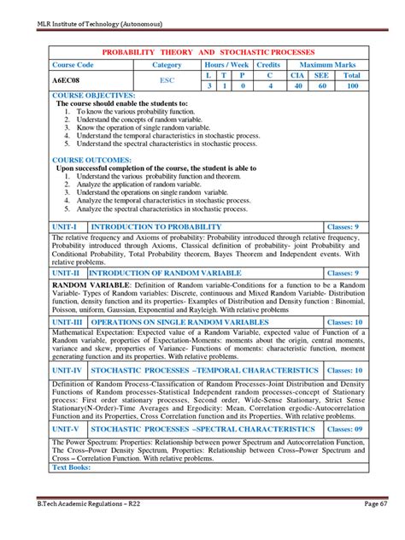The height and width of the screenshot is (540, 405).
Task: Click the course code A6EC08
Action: pos(71,79)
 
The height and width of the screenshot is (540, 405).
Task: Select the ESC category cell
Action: pos(167,79)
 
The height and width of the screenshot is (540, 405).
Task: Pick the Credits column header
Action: pos(268,65)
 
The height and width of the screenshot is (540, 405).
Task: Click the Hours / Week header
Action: pos(226,65)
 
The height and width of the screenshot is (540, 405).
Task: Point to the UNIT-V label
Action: pos(69,429)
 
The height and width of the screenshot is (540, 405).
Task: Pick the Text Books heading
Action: pos(76,468)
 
